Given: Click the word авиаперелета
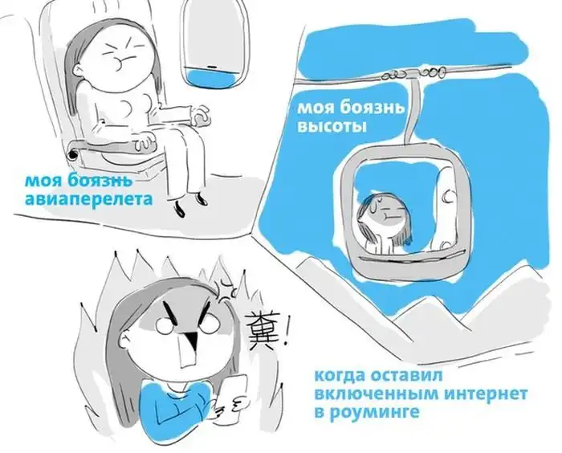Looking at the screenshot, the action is point(89,199).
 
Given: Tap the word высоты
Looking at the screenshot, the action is point(332,126).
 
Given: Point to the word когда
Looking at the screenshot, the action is point(339,376).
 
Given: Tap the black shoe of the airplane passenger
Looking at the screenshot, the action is point(180,209).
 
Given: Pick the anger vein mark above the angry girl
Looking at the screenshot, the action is point(226,289).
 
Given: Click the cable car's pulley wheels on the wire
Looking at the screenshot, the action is point(412,74).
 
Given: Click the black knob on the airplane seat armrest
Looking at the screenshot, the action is point(73,154).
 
